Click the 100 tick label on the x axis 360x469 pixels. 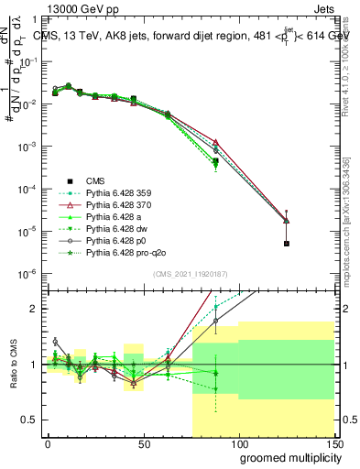238,442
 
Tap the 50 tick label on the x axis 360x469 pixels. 143,442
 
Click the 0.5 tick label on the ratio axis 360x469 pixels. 29,420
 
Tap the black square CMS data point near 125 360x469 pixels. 286,244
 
